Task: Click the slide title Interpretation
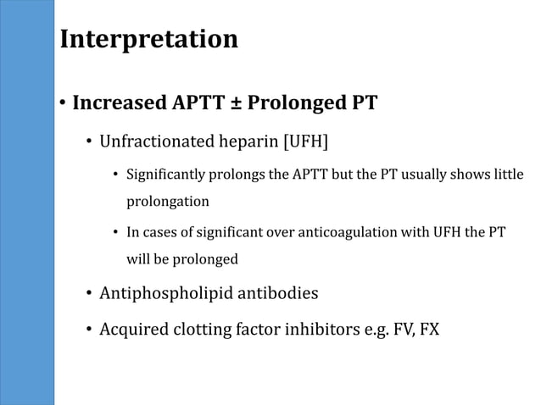pyautogui.click(x=149, y=39)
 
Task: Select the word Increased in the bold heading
pyautogui.click(x=120, y=103)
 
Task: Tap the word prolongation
pyautogui.click(x=168, y=202)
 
